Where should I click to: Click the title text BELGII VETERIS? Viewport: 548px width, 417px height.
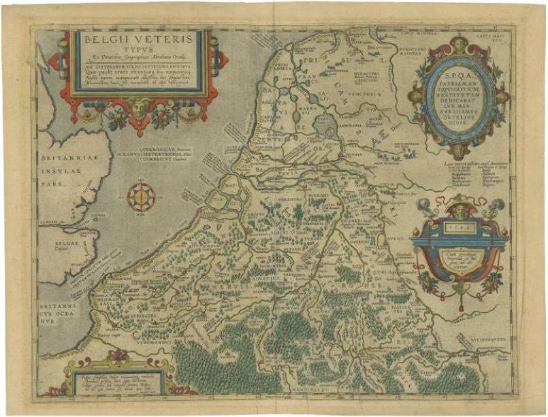point(138,40)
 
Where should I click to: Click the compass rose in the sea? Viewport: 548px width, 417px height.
point(142,197)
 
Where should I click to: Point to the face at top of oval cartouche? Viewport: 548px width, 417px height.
point(457,42)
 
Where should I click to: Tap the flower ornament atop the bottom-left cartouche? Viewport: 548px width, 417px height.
point(117,355)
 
